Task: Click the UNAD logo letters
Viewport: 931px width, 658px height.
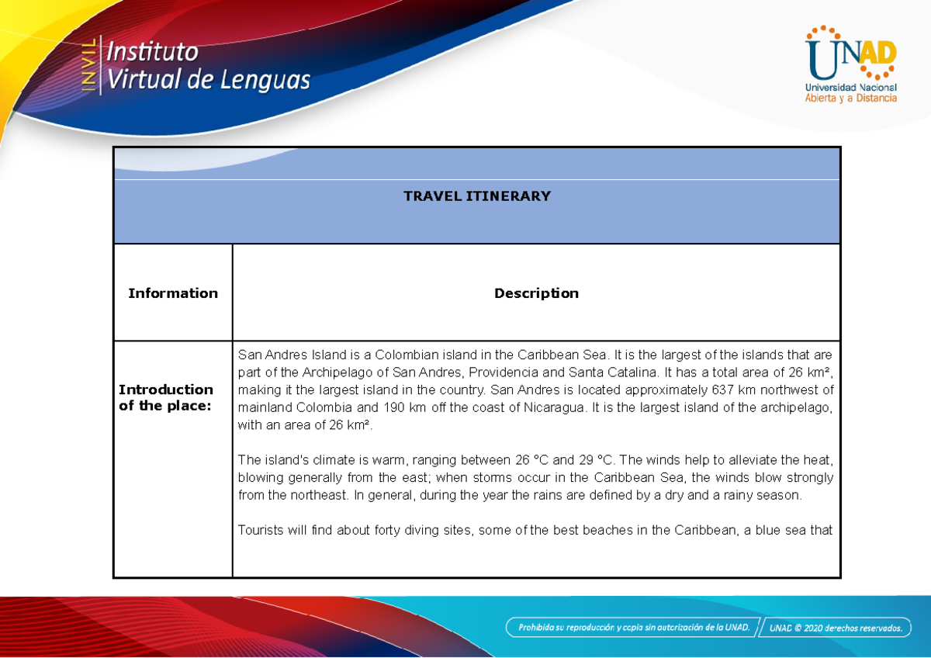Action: click(x=850, y=57)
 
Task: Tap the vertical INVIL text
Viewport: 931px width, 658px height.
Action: click(x=90, y=65)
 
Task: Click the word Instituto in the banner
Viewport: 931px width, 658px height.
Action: click(x=152, y=53)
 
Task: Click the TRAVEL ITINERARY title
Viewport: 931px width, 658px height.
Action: click(x=476, y=196)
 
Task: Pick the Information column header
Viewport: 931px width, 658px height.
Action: click(x=172, y=293)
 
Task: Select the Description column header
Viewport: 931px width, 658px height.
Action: click(x=536, y=293)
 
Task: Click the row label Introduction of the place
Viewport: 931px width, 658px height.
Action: click(x=165, y=397)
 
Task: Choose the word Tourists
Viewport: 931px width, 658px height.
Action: click(x=262, y=531)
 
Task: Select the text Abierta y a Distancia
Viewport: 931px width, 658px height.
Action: click(x=850, y=98)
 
